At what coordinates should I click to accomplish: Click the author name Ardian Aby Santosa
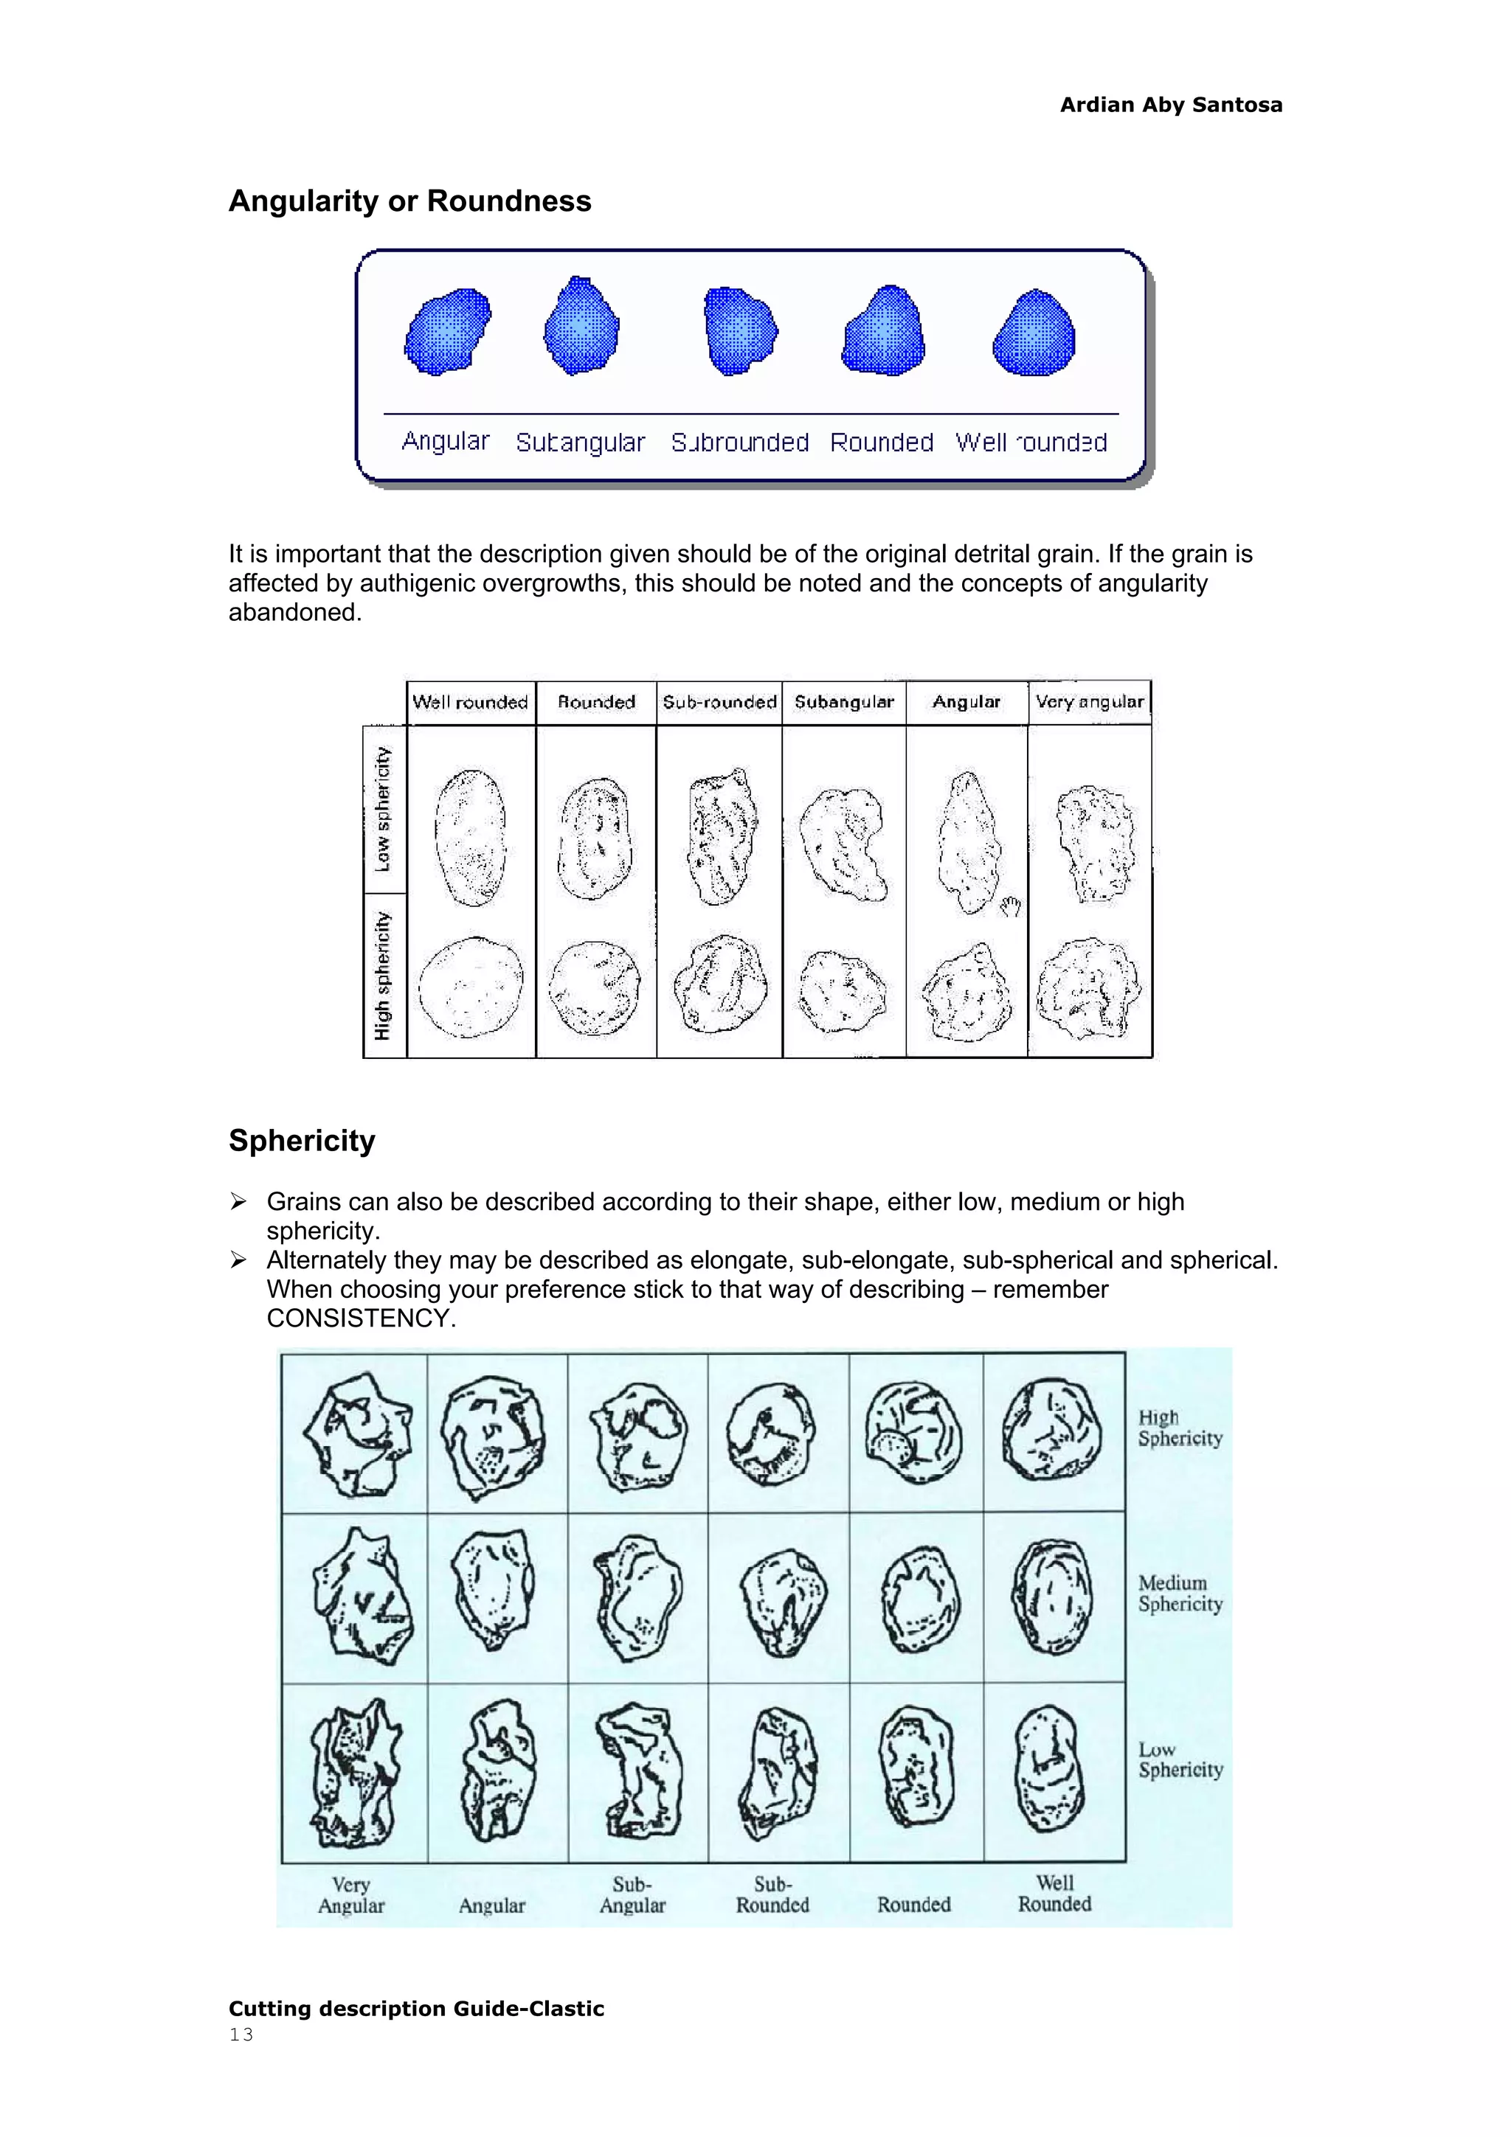[x=1170, y=105]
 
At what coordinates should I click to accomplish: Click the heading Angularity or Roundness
[x=409, y=201]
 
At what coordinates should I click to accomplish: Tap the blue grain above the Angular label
[x=448, y=331]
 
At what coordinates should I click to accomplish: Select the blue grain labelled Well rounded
[x=1034, y=333]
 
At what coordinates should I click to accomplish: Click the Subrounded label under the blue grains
[x=739, y=442]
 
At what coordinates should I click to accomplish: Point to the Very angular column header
[x=1089, y=702]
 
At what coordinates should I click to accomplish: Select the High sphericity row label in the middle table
[x=384, y=975]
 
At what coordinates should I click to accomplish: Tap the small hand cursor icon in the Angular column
[x=1010, y=906]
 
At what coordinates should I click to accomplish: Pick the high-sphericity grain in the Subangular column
[x=842, y=990]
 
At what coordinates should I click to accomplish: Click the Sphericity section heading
[x=302, y=1140]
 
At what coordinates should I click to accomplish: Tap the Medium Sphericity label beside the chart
[x=1179, y=1593]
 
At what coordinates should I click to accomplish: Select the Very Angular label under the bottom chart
[x=351, y=1894]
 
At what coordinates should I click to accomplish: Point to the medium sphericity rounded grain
[x=918, y=1598]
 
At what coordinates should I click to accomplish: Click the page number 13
[x=241, y=2035]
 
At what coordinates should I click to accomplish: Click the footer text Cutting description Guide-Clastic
[x=416, y=2009]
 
